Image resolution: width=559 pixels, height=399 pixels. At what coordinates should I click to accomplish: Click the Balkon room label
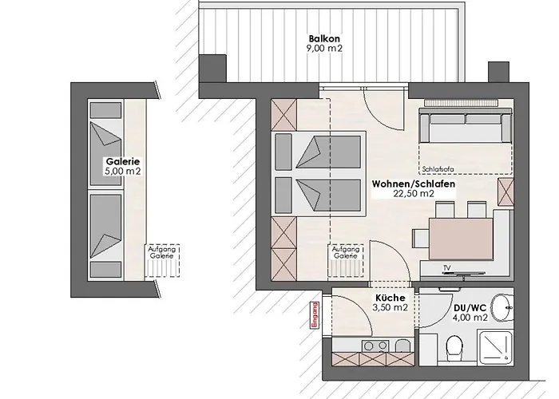[x=324, y=38]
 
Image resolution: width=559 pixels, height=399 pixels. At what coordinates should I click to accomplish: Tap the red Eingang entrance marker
[x=314, y=316]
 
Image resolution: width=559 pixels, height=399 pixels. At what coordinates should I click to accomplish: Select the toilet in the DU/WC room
[x=454, y=346]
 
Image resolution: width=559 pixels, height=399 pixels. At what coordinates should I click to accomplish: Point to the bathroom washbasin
[x=502, y=307]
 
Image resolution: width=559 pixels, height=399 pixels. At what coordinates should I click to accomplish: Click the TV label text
[x=446, y=267]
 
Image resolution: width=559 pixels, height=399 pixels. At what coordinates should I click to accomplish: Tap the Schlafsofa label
[x=438, y=169]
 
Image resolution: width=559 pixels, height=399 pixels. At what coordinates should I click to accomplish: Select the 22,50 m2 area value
[x=414, y=193]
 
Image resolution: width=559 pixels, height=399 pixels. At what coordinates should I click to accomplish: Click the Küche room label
[x=390, y=298]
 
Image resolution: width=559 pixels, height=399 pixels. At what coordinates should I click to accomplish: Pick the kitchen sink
[x=403, y=346]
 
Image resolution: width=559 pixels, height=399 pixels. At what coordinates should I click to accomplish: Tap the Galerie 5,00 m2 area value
[x=123, y=171]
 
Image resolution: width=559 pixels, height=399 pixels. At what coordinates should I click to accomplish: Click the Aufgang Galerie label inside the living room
[x=346, y=253]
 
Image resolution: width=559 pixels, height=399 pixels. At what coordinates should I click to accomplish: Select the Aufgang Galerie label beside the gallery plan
[x=162, y=253]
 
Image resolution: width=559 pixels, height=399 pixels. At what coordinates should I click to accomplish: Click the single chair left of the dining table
[x=421, y=238]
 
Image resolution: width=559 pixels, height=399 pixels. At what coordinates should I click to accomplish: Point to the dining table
[x=461, y=239]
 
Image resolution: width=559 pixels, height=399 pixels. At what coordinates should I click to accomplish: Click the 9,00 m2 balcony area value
[x=324, y=48]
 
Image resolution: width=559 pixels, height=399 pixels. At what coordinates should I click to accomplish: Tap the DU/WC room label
[x=470, y=308]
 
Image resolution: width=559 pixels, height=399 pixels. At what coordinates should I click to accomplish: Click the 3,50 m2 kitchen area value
[x=390, y=307]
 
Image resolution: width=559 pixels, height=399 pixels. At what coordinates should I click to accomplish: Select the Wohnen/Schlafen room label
[x=414, y=184]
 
